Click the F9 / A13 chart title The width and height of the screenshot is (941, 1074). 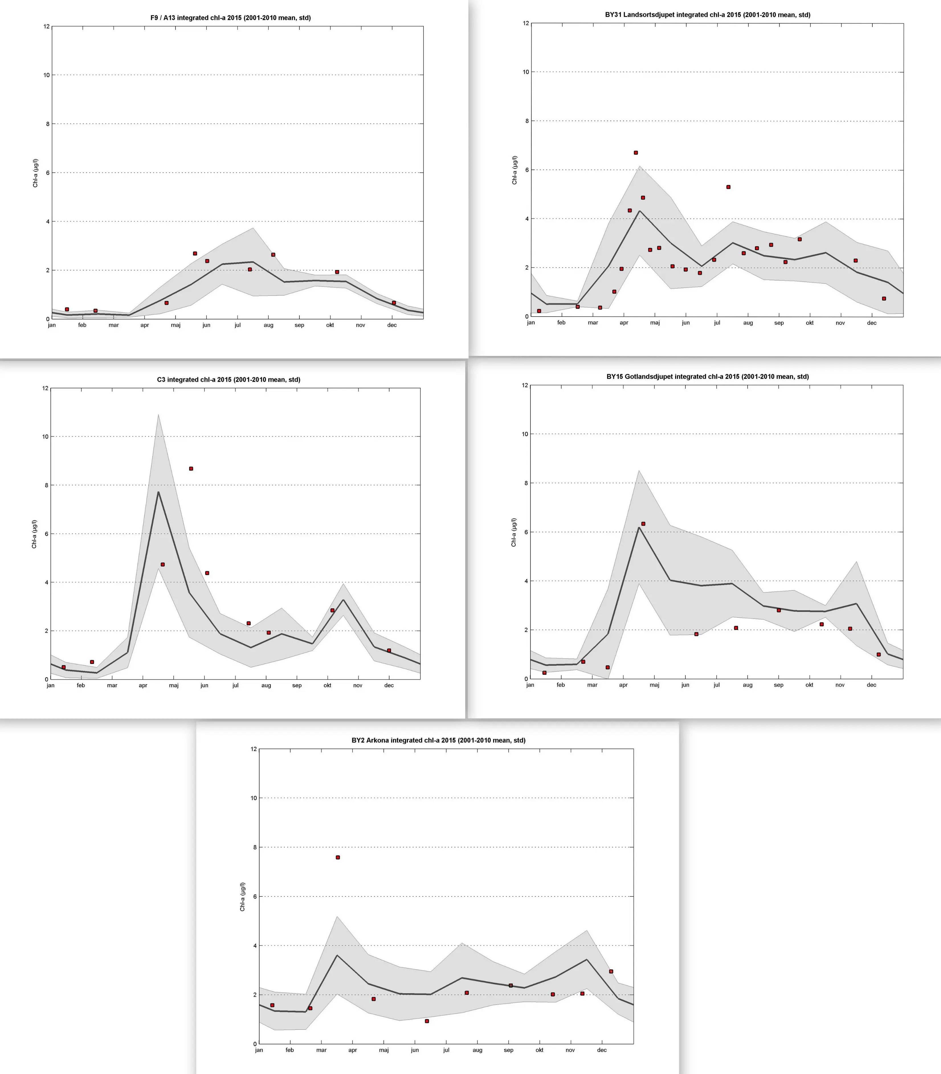(x=230, y=18)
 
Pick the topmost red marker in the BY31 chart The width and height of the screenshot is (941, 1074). (x=636, y=153)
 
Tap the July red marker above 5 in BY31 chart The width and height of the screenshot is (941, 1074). (x=728, y=187)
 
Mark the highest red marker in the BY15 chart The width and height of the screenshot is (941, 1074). (x=643, y=524)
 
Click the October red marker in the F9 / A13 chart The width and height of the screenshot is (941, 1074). (x=337, y=272)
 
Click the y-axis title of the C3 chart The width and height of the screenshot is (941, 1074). (x=35, y=534)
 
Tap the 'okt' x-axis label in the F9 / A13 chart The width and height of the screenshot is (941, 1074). (x=330, y=325)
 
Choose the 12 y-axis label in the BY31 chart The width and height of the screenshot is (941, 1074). (x=525, y=23)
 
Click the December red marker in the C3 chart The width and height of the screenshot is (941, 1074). (x=389, y=651)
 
